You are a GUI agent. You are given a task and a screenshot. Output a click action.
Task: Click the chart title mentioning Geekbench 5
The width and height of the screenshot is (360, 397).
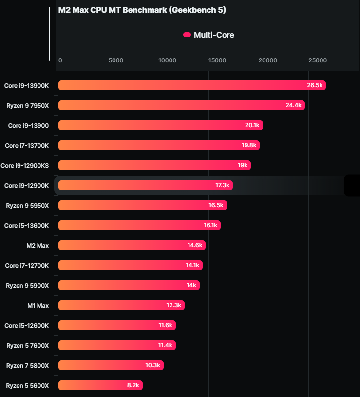(142, 10)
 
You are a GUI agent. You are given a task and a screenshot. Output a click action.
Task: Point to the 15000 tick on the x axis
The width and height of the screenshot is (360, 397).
(217, 60)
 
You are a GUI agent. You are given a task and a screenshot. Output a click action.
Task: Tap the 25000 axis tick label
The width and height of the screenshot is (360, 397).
(317, 60)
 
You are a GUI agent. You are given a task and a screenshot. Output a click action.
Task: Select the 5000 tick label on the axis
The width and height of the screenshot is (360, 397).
(115, 60)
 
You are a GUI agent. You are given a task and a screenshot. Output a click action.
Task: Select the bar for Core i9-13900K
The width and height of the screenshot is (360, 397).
(192, 85)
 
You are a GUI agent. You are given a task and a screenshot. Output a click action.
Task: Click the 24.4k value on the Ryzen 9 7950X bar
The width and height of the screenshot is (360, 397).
(294, 105)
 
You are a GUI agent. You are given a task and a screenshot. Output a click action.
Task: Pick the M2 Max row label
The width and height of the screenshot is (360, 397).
(38, 245)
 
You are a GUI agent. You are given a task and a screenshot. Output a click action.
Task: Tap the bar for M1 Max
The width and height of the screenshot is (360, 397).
(121, 305)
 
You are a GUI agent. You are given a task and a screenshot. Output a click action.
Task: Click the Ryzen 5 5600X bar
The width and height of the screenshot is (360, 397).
(100, 385)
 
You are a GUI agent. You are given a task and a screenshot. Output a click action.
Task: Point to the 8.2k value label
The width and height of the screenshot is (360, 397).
(133, 385)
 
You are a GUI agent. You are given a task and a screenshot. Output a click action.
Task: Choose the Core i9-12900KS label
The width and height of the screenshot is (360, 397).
(25, 165)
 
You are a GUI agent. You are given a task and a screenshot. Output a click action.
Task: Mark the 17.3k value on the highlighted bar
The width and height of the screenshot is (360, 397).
(222, 185)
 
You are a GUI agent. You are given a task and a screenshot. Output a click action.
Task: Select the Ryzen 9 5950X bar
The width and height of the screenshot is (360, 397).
(142, 205)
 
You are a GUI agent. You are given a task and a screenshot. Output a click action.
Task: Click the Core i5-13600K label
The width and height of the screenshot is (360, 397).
(26, 225)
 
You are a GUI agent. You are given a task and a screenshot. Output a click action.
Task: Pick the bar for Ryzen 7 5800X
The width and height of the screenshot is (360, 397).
(111, 365)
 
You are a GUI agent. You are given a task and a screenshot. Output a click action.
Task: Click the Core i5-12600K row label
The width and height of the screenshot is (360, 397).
(26, 325)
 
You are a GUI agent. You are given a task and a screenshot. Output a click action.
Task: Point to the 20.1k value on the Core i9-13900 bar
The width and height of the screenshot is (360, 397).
(252, 125)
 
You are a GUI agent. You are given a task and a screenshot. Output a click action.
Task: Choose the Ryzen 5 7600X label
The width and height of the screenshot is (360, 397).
(27, 345)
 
